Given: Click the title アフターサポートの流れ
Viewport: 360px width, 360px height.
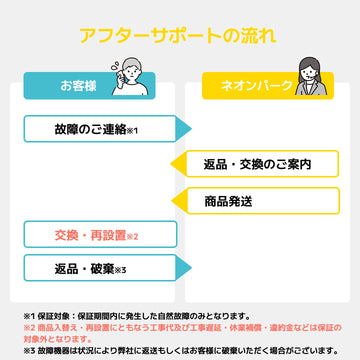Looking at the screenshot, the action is (180, 37).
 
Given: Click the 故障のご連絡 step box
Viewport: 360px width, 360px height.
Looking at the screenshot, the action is (96, 130).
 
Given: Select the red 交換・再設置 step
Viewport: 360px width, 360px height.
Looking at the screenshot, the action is (96, 235).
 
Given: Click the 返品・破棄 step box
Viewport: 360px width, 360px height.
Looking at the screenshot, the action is (96, 268).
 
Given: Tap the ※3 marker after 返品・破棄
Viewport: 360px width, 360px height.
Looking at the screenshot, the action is (119, 270).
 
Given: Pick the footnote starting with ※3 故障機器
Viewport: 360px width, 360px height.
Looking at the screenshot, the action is (180, 351).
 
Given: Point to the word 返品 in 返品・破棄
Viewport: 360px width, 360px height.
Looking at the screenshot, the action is (66, 268).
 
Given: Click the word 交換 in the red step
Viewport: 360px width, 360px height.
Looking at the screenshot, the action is (68, 235).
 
